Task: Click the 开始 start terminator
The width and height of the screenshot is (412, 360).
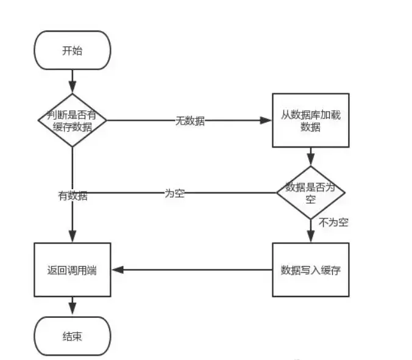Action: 73,51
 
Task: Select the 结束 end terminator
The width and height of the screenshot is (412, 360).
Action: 73,336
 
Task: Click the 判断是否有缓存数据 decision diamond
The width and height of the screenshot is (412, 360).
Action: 73,120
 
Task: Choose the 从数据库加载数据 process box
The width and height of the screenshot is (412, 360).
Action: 311,120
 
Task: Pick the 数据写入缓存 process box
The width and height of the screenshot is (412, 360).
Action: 311,270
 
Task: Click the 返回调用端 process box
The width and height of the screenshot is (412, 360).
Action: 73,270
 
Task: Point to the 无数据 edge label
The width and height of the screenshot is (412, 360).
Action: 190,121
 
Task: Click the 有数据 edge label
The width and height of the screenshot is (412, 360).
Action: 73,196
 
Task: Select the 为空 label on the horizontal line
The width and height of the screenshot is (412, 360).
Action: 175,193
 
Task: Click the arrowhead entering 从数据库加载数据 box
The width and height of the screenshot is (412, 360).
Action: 266,120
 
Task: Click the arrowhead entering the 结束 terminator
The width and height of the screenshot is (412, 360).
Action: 73,311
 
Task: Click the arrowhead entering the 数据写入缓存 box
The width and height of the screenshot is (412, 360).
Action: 311,238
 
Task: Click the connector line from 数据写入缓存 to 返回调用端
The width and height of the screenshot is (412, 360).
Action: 195,270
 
